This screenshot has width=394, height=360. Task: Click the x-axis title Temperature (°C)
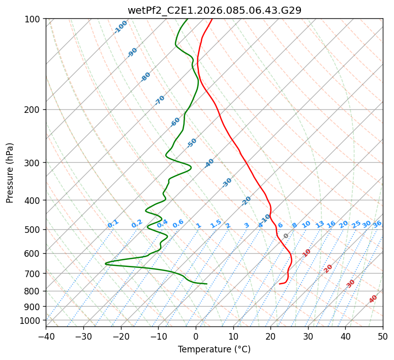(x=214, y=350)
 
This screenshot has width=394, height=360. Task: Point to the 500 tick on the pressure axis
(x=32, y=229)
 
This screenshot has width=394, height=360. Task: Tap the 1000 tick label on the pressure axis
(x=30, y=320)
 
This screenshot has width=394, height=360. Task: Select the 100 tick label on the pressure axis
(x=32, y=19)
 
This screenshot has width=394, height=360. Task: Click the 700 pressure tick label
(x=32, y=274)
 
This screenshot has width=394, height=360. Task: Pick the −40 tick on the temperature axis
(x=46, y=336)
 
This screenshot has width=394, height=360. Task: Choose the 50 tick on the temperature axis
(x=383, y=336)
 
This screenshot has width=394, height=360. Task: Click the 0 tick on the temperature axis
(x=196, y=336)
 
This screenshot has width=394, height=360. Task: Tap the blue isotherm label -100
(x=121, y=26)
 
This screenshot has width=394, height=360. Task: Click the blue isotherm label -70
(x=160, y=100)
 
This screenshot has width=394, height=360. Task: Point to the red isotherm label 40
(x=373, y=299)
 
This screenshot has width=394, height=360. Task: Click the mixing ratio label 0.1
(x=113, y=223)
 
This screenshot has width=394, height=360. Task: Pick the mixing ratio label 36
(x=377, y=224)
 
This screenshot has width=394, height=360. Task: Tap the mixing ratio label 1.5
(x=216, y=223)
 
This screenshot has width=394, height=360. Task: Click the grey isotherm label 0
(x=286, y=236)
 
